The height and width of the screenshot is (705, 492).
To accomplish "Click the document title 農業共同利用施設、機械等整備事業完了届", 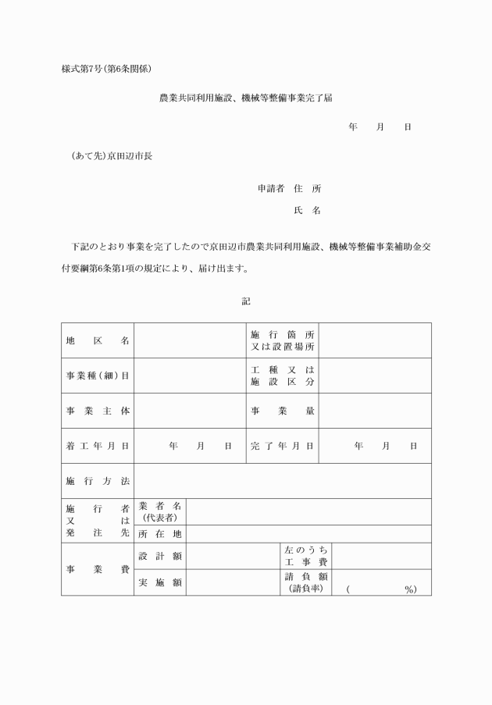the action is click(246, 99).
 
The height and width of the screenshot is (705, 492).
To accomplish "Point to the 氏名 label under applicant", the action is click(307, 211).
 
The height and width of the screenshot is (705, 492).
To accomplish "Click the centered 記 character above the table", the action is click(246, 301).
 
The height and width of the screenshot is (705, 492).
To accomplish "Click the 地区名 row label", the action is click(98, 341).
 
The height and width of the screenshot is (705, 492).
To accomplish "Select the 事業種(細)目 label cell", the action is click(98, 376).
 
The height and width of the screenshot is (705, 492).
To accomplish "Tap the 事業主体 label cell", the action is click(98, 411).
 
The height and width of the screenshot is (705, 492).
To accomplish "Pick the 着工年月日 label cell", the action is click(98, 446).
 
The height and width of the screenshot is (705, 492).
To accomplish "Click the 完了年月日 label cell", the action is click(283, 446).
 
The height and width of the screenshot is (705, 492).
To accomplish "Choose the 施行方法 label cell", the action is click(98, 481).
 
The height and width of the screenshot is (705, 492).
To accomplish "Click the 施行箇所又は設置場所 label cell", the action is click(283, 341).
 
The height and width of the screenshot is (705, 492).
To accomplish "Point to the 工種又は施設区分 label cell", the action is click(283, 376).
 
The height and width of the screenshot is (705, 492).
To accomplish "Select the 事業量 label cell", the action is click(283, 411).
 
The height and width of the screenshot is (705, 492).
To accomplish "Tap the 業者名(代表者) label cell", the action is click(160, 512).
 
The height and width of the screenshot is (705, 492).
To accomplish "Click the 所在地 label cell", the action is click(160, 535).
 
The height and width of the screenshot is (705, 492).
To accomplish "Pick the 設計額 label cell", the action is click(160, 556).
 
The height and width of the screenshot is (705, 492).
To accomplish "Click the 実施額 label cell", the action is click(160, 582).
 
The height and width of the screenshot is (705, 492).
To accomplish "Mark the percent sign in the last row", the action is click(409, 589).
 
